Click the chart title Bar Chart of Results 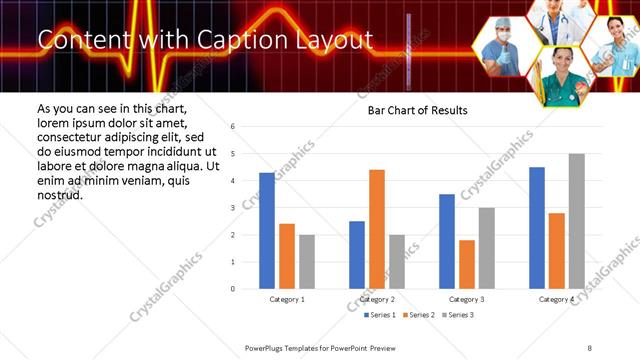click(x=411, y=110)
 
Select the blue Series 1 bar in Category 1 click(x=267, y=231)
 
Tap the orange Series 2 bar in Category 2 click(x=377, y=229)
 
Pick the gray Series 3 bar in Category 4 click(x=576, y=221)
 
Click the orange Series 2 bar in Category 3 click(x=467, y=264)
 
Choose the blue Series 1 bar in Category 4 click(x=537, y=228)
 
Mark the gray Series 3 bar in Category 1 click(x=306, y=262)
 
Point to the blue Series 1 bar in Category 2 click(x=357, y=255)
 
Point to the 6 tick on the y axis click(x=232, y=127)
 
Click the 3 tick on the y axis click(x=232, y=208)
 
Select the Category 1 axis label click(x=287, y=299)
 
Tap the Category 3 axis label click(x=467, y=299)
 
